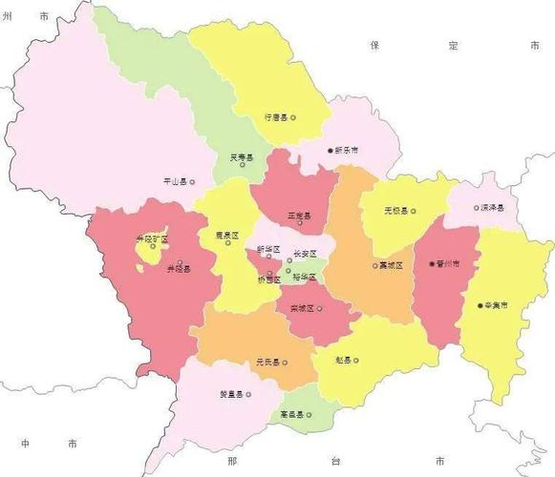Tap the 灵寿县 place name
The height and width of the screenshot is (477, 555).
coord(241,157)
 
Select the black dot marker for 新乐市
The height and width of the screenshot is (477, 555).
coord(329,151)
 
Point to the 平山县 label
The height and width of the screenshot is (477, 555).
coord(174,181)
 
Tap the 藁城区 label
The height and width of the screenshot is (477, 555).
coord(391,265)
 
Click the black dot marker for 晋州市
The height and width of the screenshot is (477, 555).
coord(432,263)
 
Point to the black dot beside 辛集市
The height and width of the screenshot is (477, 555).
coord(480,305)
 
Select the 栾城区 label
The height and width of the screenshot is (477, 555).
coord(301,308)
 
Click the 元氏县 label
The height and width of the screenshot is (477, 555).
coord(267,362)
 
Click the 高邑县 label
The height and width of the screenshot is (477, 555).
coord(291,414)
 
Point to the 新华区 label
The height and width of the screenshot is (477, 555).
coord(267,250)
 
